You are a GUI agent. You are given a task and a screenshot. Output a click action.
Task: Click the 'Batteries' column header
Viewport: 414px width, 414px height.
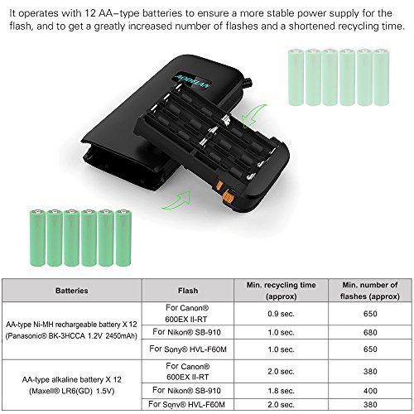point(71,291)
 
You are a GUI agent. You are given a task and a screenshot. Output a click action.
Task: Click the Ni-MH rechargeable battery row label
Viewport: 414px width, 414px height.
point(71,335)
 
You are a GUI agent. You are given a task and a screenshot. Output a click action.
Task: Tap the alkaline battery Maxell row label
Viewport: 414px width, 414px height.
point(71,385)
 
